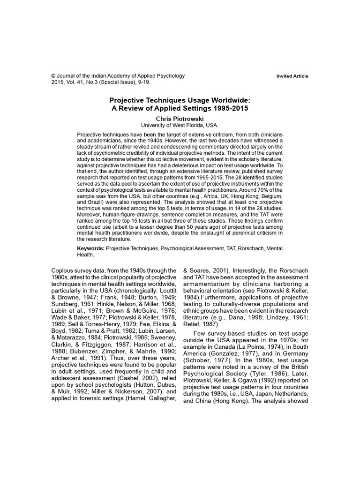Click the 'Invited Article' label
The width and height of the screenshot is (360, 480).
point(292,76)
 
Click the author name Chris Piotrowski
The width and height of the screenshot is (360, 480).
point(180,119)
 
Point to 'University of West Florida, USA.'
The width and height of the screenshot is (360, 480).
point(180,126)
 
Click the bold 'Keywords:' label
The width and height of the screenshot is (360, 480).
point(91,247)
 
